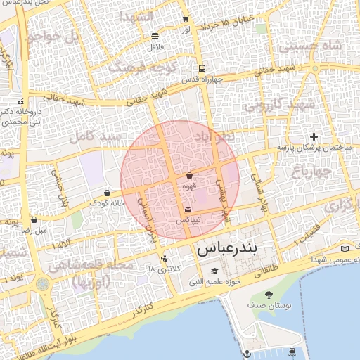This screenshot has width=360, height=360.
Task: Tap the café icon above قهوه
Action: tap(189, 176)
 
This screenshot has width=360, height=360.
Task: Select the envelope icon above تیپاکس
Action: tap(188, 210)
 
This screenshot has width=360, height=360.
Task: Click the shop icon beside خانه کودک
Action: tap(107, 192)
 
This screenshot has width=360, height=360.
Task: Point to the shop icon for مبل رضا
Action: tap(34, 219)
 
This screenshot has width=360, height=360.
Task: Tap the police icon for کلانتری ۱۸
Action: tap(164, 258)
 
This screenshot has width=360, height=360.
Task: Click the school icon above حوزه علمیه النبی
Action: tap(214, 271)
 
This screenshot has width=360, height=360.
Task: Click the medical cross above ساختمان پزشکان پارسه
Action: tap(314, 136)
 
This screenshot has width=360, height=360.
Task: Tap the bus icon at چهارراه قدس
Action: tap(202, 69)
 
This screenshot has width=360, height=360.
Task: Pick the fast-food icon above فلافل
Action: tap(155, 36)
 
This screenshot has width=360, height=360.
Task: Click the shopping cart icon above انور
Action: tap(185, 20)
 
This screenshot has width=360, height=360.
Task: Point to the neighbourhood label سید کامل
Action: tap(95, 135)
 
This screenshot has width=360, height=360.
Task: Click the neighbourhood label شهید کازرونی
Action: tap(278, 105)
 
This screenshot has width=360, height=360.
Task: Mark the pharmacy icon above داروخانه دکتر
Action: tap(20, 100)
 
